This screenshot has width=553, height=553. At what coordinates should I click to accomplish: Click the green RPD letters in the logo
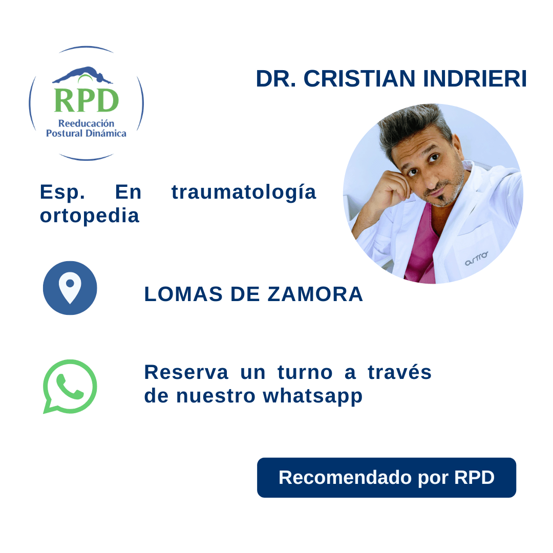coord(86,100)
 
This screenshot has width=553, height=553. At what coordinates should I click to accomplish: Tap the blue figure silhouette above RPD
coord(82,76)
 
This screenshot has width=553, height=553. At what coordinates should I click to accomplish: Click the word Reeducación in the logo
coord(86,123)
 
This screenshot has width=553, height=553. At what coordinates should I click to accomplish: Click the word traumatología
coord(244,192)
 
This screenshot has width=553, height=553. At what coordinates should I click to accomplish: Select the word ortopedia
coord(90,216)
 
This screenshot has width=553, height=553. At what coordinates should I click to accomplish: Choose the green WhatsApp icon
coord(70,386)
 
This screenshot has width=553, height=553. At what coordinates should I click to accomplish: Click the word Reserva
coord(186,372)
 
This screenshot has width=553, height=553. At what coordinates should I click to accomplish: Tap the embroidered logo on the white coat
coord(476,261)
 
